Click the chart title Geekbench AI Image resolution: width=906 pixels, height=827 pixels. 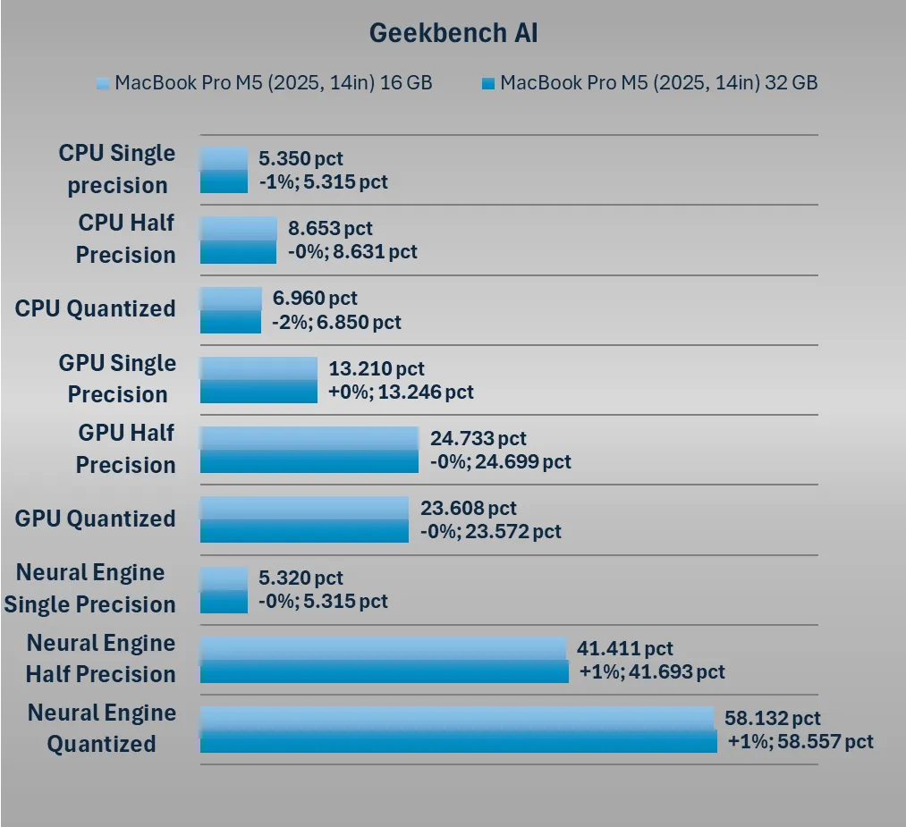click(x=453, y=33)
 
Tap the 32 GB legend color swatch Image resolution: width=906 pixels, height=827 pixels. click(x=487, y=83)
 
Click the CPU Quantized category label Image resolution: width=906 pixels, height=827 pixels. click(x=96, y=308)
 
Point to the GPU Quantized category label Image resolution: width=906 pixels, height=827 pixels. click(x=96, y=519)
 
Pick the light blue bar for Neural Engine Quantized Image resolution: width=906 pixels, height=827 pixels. click(x=456, y=718)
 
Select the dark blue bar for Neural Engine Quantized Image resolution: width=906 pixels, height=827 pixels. click(x=458, y=741)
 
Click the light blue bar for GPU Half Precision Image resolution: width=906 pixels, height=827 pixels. click(x=309, y=438)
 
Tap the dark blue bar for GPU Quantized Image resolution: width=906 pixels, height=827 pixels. click(x=304, y=531)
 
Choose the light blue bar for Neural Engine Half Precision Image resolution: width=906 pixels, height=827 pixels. click(x=383, y=648)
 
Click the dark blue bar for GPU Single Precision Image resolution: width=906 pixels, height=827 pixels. click(x=258, y=392)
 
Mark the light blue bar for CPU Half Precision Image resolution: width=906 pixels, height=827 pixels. click(x=238, y=228)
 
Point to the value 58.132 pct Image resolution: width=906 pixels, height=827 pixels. click(x=773, y=719)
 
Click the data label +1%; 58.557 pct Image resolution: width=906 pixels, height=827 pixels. click(x=800, y=741)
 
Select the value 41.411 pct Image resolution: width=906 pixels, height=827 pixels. click(x=625, y=649)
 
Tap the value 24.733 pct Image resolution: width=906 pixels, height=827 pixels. click(x=478, y=439)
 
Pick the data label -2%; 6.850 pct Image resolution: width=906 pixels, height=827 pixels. click(x=336, y=322)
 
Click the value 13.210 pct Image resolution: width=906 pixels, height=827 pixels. click(x=377, y=368)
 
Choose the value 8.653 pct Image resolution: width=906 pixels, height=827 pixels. click(x=330, y=229)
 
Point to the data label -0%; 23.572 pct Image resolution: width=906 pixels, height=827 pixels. click(x=491, y=532)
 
